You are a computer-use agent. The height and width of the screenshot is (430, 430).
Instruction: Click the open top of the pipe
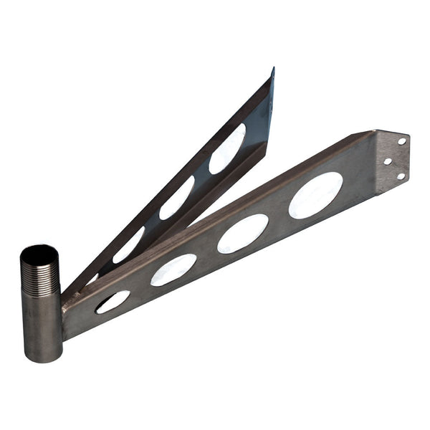point(39,254)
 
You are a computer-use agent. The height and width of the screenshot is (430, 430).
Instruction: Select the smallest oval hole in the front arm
point(113,302)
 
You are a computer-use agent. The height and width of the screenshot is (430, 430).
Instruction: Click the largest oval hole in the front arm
point(315,195)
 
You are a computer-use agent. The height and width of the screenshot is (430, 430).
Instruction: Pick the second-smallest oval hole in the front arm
point(173,269)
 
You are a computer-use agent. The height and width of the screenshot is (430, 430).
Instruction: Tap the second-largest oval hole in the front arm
point(243,233)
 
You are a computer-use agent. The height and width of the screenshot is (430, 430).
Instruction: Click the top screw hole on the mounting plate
point(402,141)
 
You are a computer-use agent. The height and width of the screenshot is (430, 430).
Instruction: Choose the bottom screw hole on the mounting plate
point(401,176)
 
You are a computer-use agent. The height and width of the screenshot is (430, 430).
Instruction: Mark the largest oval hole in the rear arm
point(227,149)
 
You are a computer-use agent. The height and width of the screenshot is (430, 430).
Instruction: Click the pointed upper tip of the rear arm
point(272,70)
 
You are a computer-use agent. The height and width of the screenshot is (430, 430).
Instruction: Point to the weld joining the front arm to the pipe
point(63,308)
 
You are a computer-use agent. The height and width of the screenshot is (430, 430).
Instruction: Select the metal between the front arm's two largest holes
point(279,215)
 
